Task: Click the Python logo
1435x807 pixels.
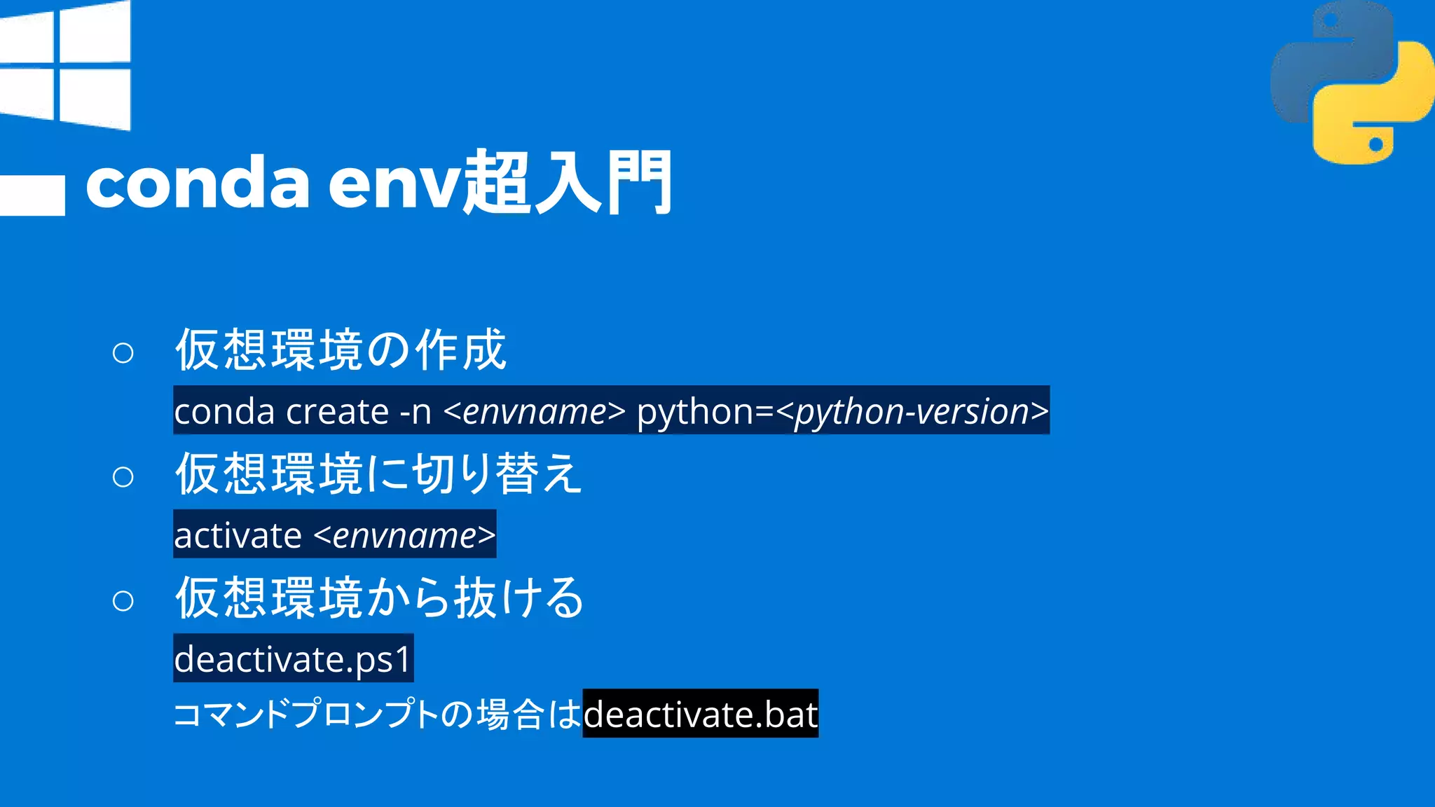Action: (x=1351, y=83)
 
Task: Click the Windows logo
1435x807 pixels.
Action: (x=66, y=66)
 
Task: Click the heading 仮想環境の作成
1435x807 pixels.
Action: (x=341, y=350)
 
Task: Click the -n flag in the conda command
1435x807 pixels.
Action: (x=415, y=411)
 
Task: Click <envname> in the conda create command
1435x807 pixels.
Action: (x=535, y=411)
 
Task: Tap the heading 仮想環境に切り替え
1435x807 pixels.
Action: (x=378, y=474)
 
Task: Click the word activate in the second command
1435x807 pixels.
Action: (x=238, y=535)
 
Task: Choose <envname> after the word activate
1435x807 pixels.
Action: (x=404, y=535)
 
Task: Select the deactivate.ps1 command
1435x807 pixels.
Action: (x=293, y=659)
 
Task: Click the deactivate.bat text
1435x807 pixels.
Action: (x=700, y=715)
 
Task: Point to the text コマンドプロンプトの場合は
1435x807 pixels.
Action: (x=377, y=715)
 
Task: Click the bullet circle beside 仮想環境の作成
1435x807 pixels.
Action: (x=123, y=352)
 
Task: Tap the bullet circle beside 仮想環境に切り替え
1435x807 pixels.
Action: (x=123, y=477)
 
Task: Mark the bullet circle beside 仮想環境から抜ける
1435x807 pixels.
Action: (x=123, y=601)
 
